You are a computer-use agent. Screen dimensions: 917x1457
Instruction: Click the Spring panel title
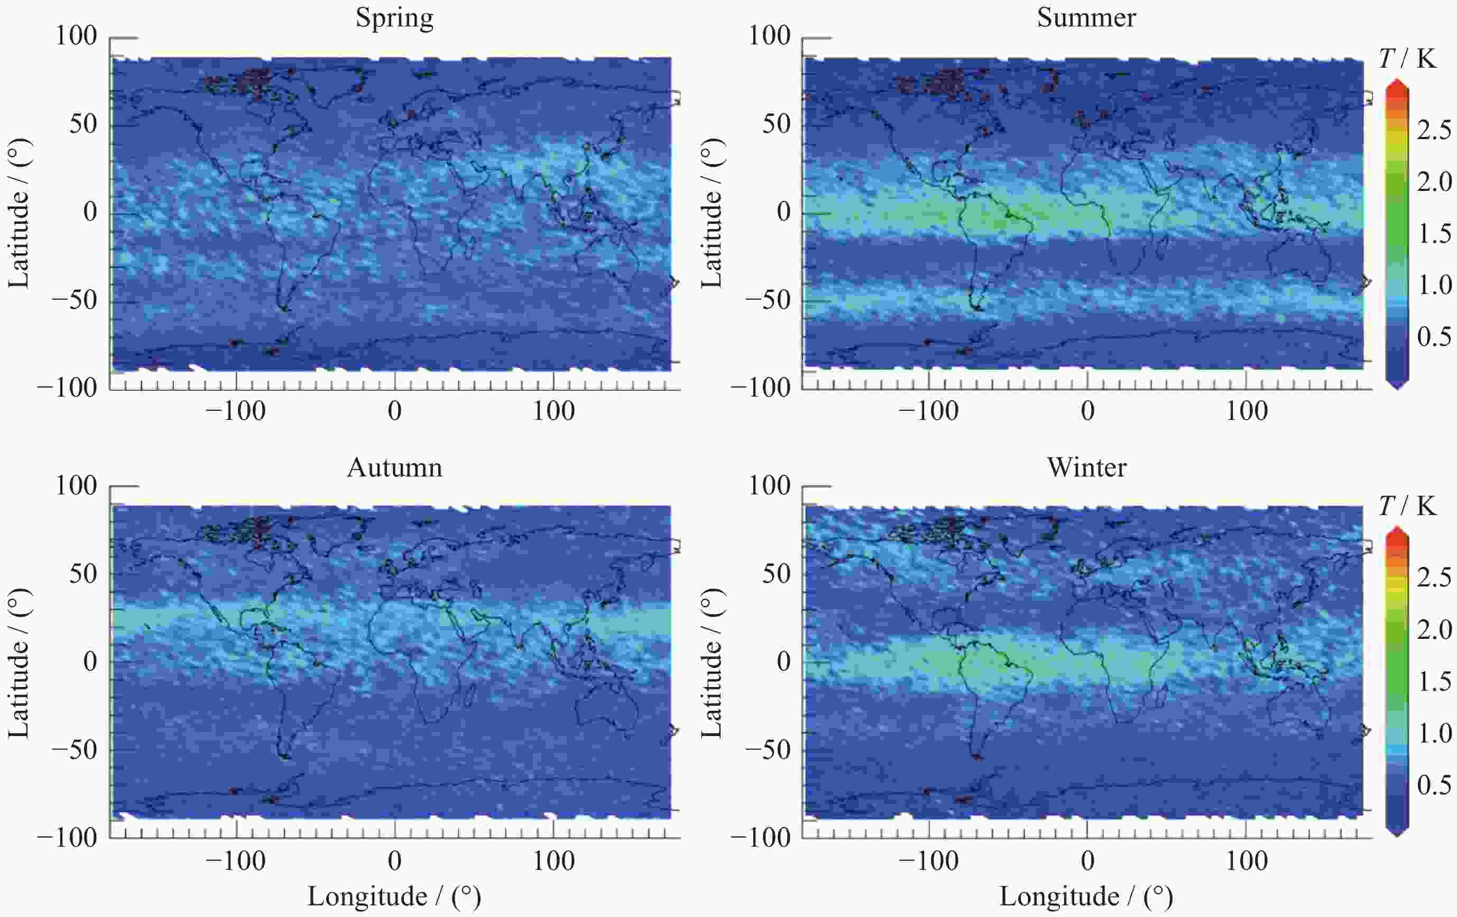point(394,18)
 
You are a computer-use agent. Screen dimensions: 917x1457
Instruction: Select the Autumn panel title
point(394,468)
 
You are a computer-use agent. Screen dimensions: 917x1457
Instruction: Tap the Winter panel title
point(1087,468)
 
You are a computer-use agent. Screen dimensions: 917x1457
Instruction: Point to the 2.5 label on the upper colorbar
point(1433,130)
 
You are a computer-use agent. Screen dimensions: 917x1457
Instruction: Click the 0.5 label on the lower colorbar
point(1433,785)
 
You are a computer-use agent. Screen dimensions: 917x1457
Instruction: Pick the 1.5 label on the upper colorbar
point(1433,234)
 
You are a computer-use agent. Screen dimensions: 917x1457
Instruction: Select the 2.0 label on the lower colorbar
point(1433,630)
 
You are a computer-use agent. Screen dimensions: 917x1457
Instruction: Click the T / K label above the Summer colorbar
point(1407,59)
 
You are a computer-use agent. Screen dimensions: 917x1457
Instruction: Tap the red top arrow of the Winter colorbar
point(1397,535)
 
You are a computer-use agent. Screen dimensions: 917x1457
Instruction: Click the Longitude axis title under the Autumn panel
point(394,897)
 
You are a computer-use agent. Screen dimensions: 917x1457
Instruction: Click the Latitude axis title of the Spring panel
point(20,214)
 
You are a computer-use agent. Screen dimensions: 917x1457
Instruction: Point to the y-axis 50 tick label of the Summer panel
point(776,124)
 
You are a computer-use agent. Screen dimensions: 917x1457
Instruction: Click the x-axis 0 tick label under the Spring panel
point(394,411)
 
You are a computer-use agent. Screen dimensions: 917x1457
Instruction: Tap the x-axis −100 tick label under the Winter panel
point(929,861)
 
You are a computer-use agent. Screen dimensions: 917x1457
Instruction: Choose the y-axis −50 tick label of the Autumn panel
point(75,750)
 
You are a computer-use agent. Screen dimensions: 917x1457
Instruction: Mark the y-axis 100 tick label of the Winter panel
point(770,485)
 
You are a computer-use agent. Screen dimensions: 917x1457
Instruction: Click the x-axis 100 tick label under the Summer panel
point(1247,411)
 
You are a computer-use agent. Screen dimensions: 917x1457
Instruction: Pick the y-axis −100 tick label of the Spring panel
point(67,388)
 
